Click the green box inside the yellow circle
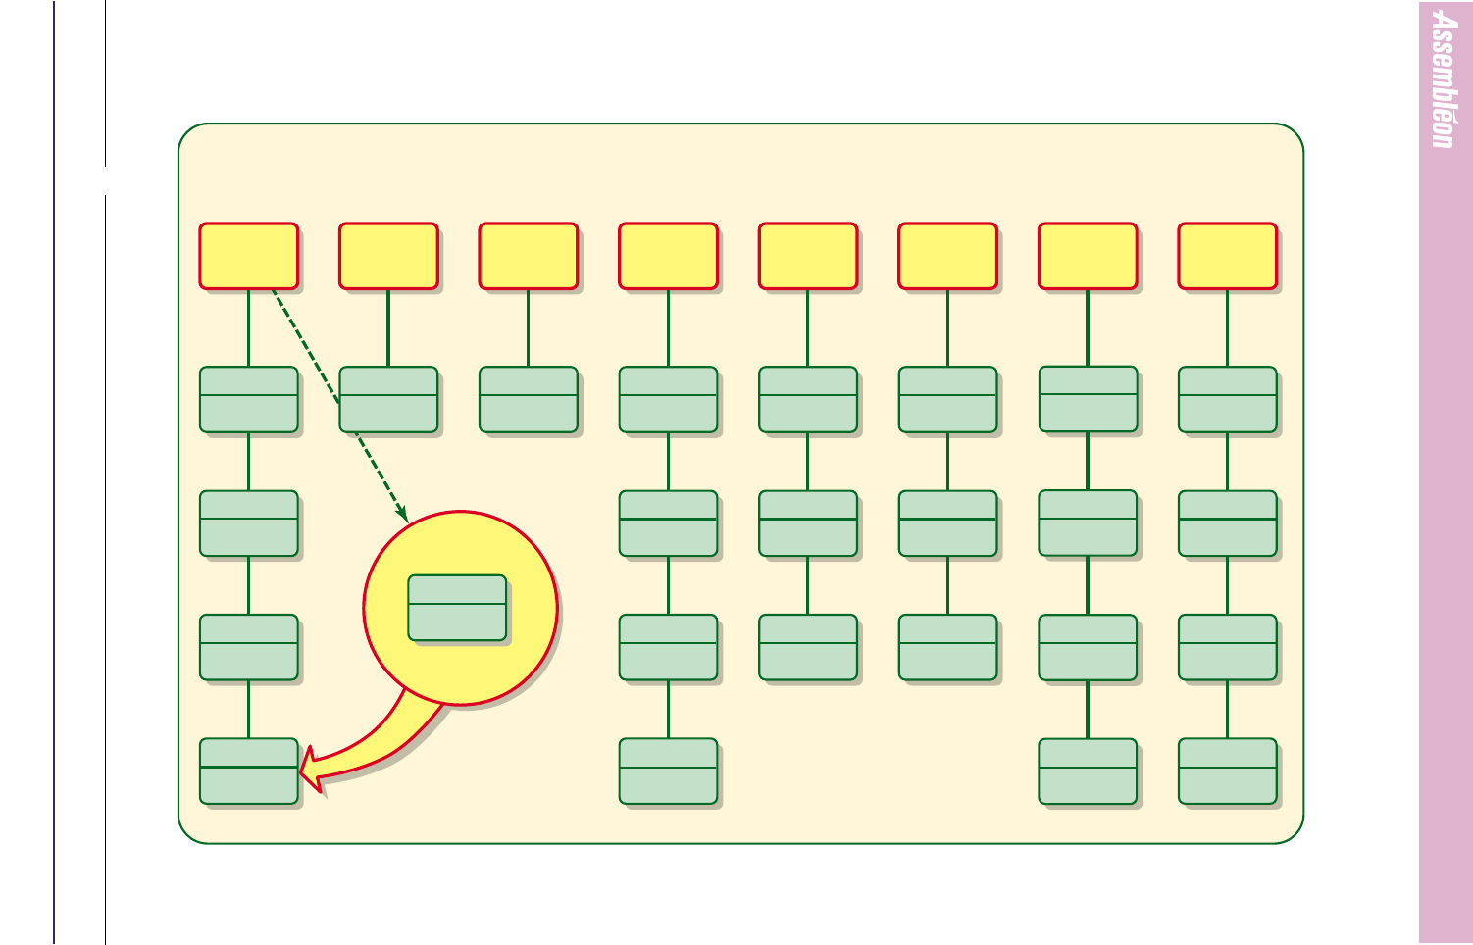457,608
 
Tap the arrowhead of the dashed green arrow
403,514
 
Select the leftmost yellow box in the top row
249,256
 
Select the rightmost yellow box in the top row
1227,256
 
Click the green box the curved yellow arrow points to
249,771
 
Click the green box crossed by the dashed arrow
388,399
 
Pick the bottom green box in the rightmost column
1227,771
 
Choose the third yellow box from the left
529,256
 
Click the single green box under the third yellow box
529,399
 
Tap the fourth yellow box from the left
669,256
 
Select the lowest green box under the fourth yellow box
669,771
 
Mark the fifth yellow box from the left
808,256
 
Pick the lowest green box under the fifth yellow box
808,647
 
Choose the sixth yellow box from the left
948,256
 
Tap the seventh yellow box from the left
1088,256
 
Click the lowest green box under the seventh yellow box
1088,771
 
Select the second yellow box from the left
388,256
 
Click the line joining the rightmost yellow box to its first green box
1227,328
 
